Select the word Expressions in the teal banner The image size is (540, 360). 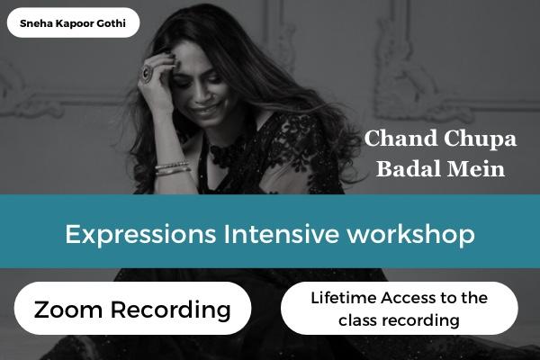pyautogui.click(x=132, y=235)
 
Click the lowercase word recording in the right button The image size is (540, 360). pyautogui.click(x=421, y=319)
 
